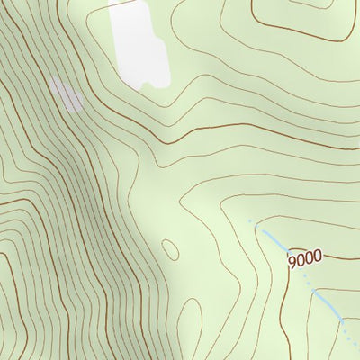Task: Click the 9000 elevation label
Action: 306,259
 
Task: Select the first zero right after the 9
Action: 301,260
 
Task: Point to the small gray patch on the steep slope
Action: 66,93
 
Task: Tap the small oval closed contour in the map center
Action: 170,249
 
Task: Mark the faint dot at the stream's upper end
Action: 250,220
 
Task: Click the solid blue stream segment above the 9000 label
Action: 273,239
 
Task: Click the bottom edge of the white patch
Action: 153,86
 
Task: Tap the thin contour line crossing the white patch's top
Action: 135,7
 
